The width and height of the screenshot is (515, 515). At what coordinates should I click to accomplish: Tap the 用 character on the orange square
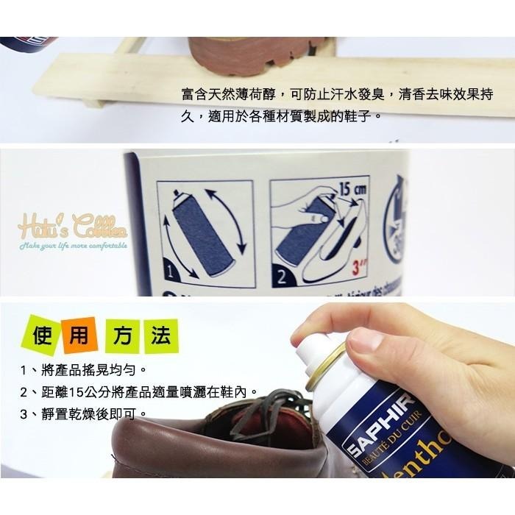[x=78, y=335]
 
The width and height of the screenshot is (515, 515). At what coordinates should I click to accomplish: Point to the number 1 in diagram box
[x=171, y=273]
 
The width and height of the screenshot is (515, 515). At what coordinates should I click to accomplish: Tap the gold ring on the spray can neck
[x=327, y=366]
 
